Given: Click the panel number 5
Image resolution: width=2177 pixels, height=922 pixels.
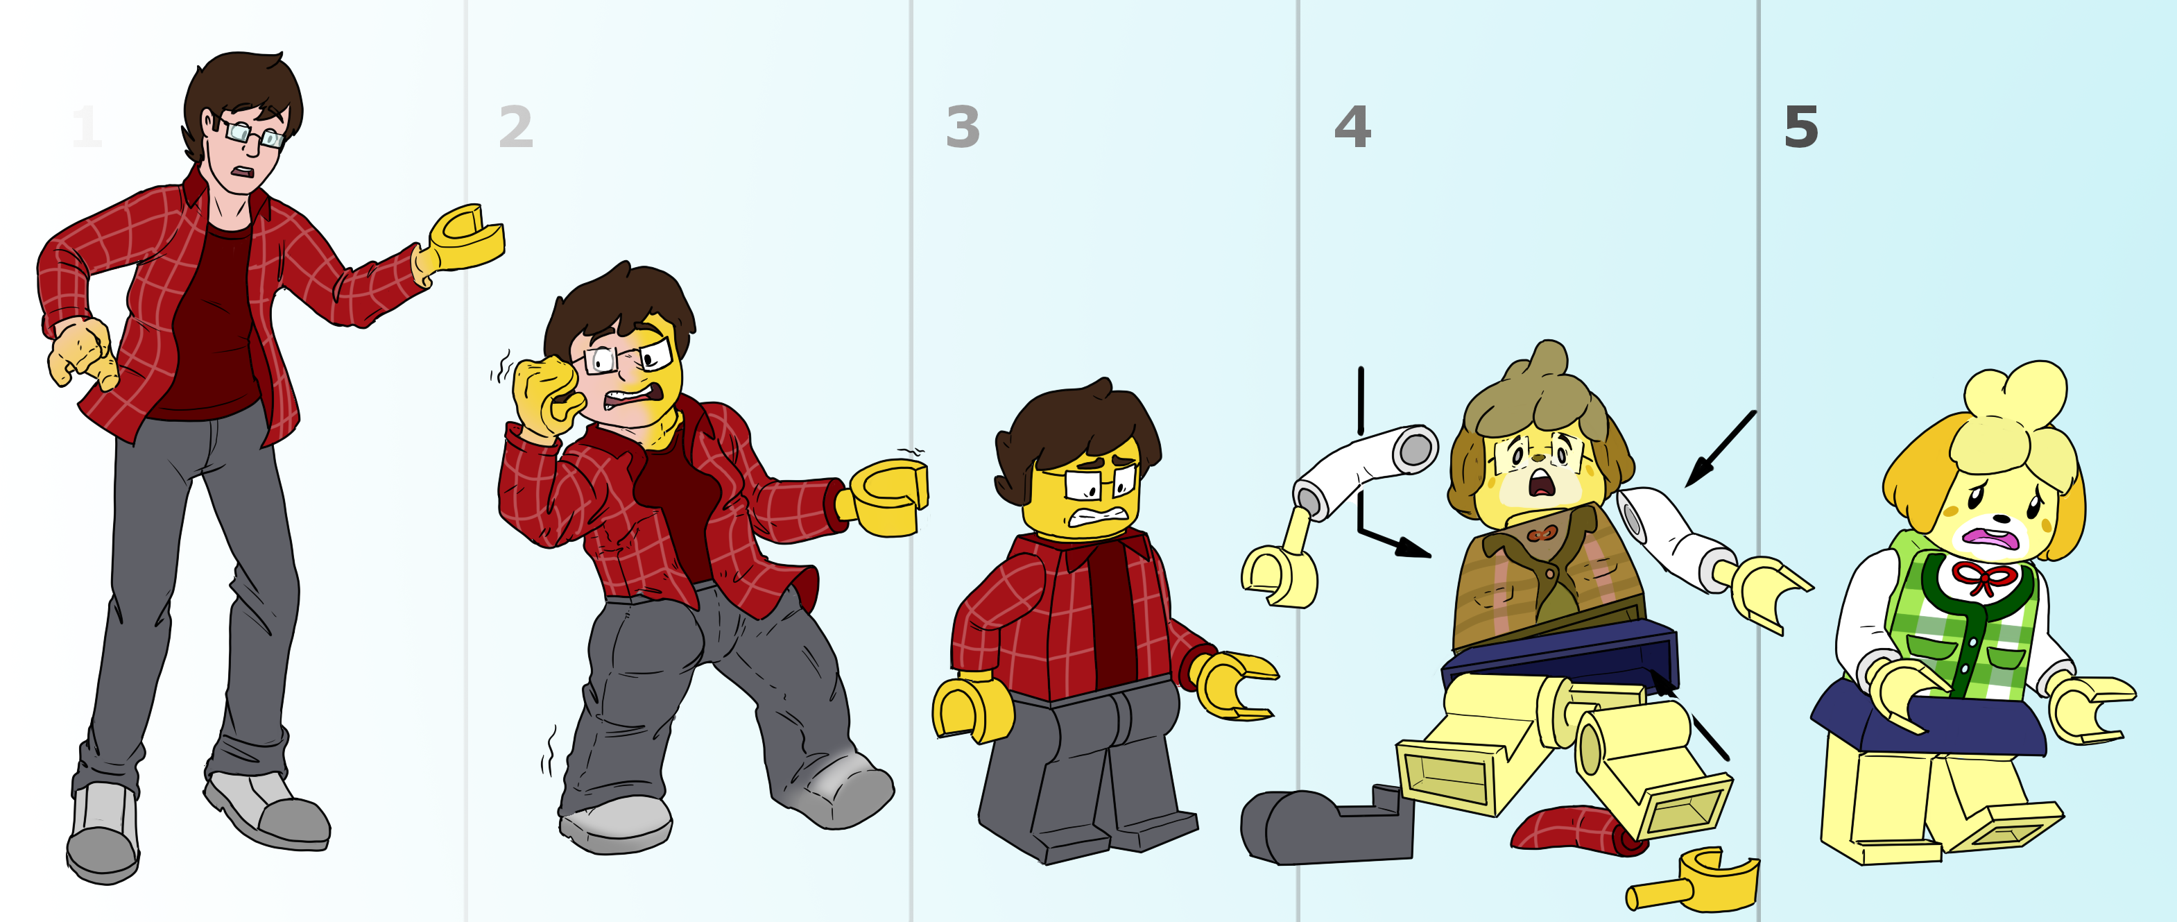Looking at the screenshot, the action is click(x=1801, y=128).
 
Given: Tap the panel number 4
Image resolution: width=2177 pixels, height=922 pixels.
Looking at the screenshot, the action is click(x=1352, y=127).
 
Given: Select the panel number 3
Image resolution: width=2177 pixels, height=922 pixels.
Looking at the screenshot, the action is click(x=963, y=127).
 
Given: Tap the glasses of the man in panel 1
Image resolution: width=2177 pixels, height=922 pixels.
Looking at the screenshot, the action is click(x=251, y=133).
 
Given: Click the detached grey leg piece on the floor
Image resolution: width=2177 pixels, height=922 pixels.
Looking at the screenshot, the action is click(x=1327, y=826).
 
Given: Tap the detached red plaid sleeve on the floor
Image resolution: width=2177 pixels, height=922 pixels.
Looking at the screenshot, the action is click(x=1578, y=830).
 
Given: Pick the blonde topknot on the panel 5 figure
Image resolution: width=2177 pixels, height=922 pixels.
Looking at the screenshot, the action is click(x=2015, y=404).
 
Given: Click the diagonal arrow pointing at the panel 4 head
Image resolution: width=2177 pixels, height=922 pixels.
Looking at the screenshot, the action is click(x=1721, y=449).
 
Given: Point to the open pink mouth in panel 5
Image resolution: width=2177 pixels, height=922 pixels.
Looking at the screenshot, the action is click(x=1991, y=539).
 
